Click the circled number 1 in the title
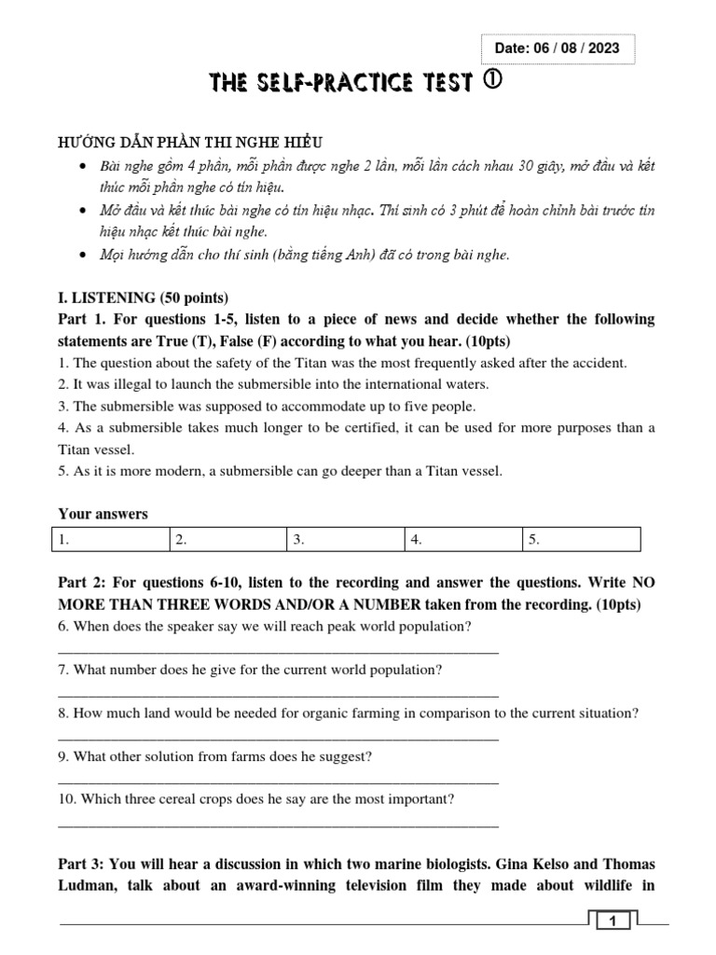[x=493, y=82]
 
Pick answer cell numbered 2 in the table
[x=227, y=539]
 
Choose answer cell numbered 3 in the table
[x=345, y=539]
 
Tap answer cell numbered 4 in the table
[x=462, y=539]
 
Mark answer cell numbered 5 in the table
[x=581, y=539]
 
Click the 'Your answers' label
[x=103, y=514]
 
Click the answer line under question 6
[x=278, y=651]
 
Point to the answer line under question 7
[x=278, y=694]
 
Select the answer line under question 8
[x=278, y=737]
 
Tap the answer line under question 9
[x=278, y=781]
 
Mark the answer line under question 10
[x=278, y=824]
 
